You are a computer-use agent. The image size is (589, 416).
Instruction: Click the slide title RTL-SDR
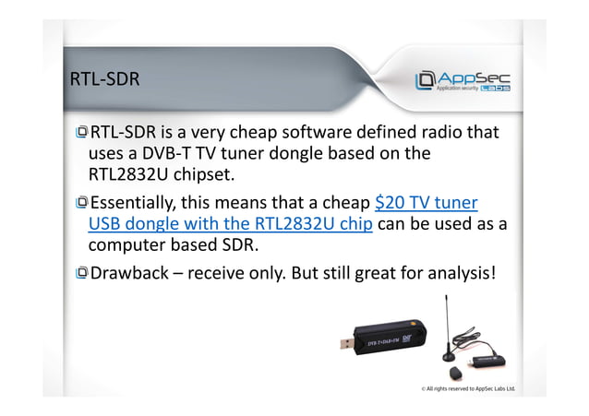104,79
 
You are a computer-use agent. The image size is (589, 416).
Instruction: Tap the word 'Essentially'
135,203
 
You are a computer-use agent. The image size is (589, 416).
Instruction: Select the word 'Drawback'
129,273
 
